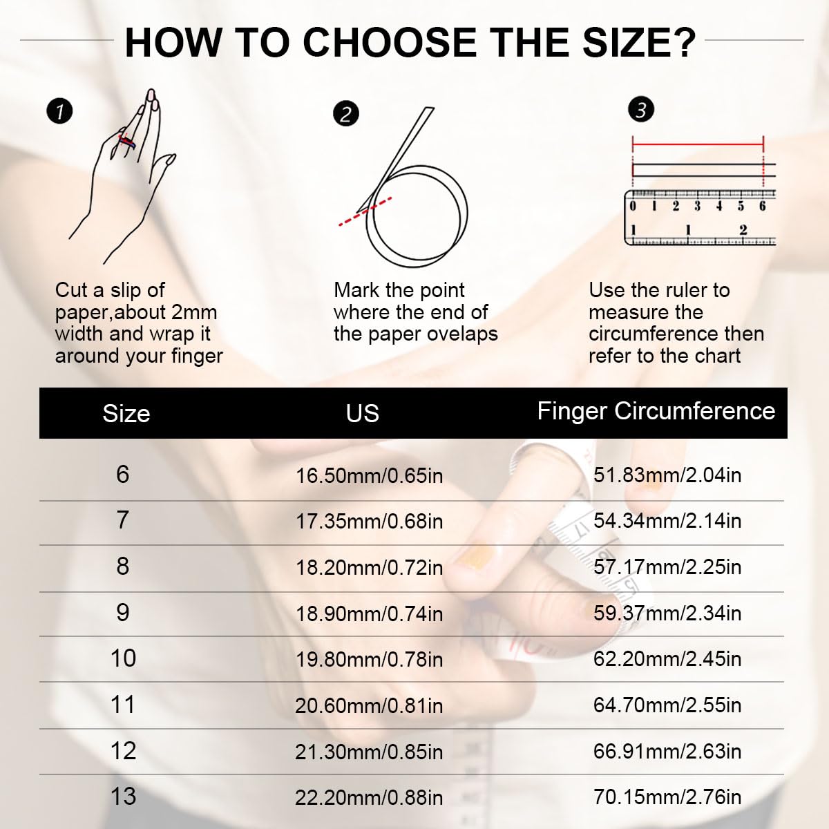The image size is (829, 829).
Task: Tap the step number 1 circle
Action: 60,111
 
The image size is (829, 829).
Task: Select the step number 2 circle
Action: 345,113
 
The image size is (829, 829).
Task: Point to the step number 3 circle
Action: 641,109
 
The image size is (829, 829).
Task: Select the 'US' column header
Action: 362,413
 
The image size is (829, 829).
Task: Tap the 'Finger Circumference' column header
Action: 656,411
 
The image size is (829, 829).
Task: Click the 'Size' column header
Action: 126,413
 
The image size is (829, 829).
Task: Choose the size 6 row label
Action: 123,475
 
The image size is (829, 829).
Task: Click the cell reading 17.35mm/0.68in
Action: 369,521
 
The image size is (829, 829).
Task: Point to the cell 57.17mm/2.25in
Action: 667,567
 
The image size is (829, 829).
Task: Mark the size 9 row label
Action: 123,613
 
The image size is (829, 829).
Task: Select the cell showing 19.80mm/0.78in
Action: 369,659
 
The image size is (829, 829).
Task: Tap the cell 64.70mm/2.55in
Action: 667,705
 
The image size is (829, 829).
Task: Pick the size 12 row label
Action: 123,751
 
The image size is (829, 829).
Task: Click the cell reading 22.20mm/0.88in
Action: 369,797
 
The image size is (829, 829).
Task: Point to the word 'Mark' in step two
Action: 356,290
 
